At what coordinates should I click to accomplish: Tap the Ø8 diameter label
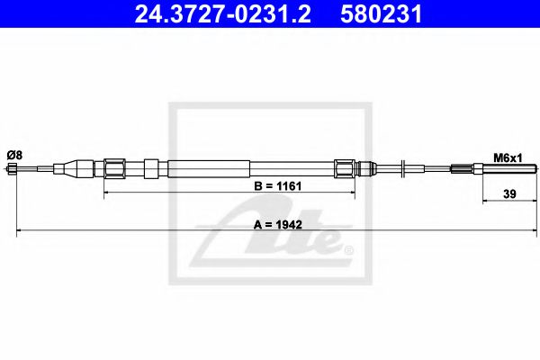(x=13, y=156)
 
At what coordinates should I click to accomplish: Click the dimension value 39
(x=508, y=193)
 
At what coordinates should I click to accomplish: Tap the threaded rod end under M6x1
(x=509, y=168)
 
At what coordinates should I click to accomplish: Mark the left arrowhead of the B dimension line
(x=109, y=193)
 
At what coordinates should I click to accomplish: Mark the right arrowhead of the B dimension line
(x=352, y=193)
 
